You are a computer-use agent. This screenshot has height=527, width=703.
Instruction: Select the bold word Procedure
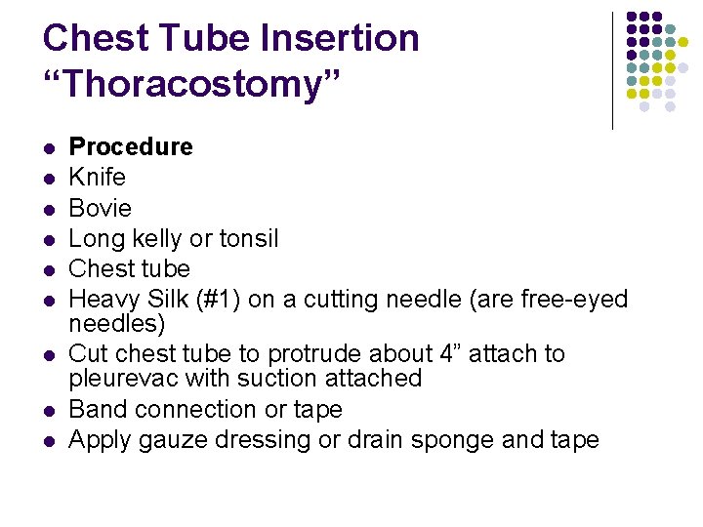tap(131, 147)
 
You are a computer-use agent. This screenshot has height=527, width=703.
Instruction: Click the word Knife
tap(98, 178)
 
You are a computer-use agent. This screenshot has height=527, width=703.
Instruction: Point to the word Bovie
tap(101, 208)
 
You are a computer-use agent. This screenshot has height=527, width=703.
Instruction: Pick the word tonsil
tap(248, 238)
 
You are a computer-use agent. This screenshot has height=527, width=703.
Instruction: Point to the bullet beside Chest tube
tap(47, 270)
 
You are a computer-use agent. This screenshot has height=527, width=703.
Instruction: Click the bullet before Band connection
tap(47, 411)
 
